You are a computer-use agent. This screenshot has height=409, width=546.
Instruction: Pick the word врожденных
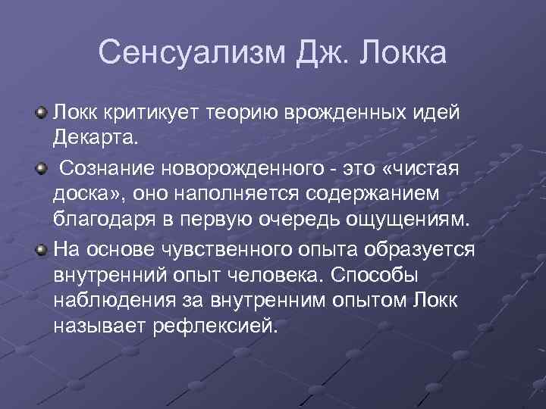coord(328,114)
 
